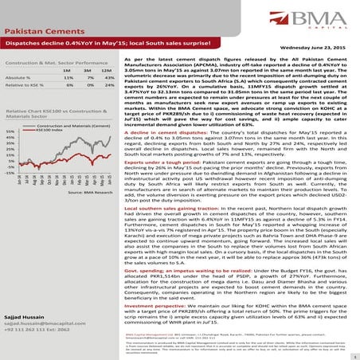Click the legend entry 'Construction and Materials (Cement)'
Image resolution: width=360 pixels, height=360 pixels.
tap(67, 126)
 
